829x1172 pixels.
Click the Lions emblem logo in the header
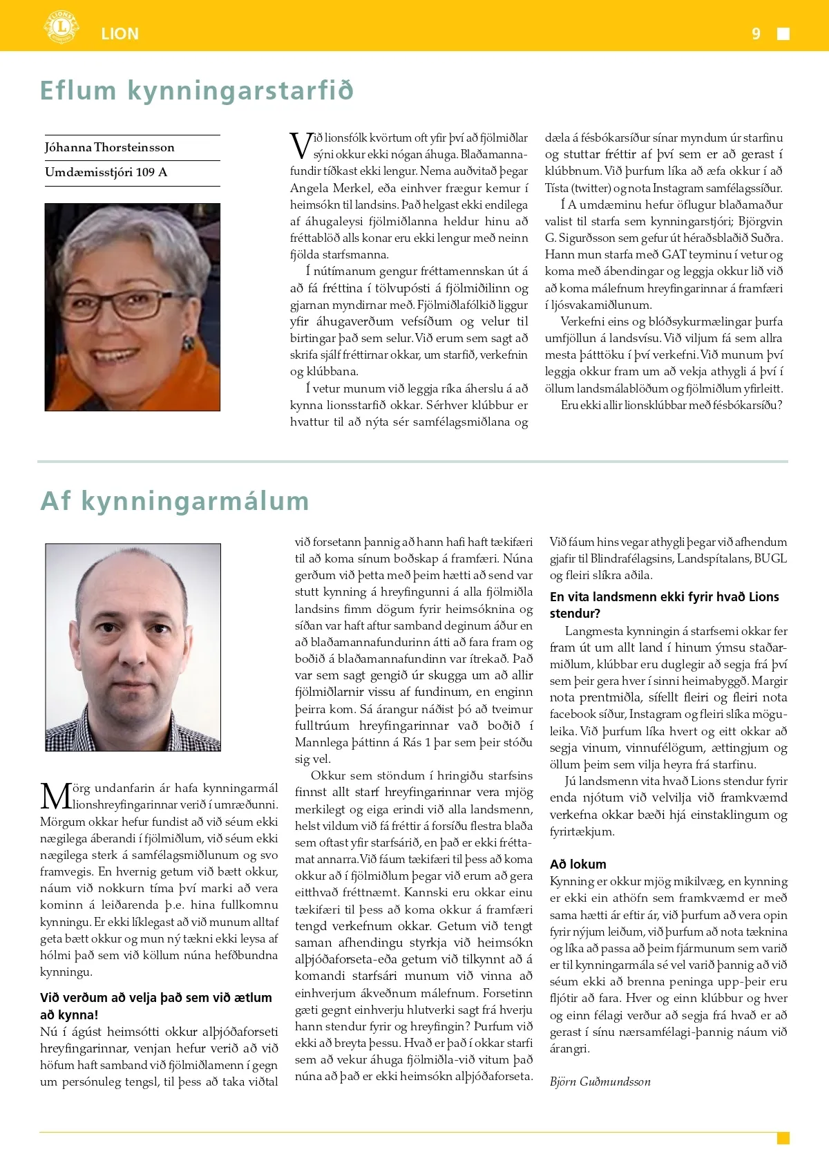pyautogui.click(x=61, y=28)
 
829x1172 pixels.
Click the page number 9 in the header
pyautogui.click(x=756, y=34)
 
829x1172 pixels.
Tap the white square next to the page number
pyautogui.click(x=783, y=34)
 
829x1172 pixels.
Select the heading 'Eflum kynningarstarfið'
pyautogui.click(x=197, y=91)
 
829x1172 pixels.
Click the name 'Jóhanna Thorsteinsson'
pyautogui.click(x=110, y=147)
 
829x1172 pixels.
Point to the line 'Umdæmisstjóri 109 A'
pyautogui.click(x=106, y=172)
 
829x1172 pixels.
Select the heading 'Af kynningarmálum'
pyautogui.click(x=175, y=501)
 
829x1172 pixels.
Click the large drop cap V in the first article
pyautogui.click(x=301, y=146)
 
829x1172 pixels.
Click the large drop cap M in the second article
pyautogui.click(x=55, y=796)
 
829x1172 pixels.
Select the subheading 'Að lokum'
pyautogui.click(x=578, y=864)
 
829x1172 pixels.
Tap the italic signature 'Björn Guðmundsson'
pyautogui.click(x=600, y=1081)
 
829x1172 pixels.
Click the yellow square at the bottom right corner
pyautogui.click(x=783, y=1138)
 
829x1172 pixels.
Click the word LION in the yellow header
pyautogui.click(x=120, y=34)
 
